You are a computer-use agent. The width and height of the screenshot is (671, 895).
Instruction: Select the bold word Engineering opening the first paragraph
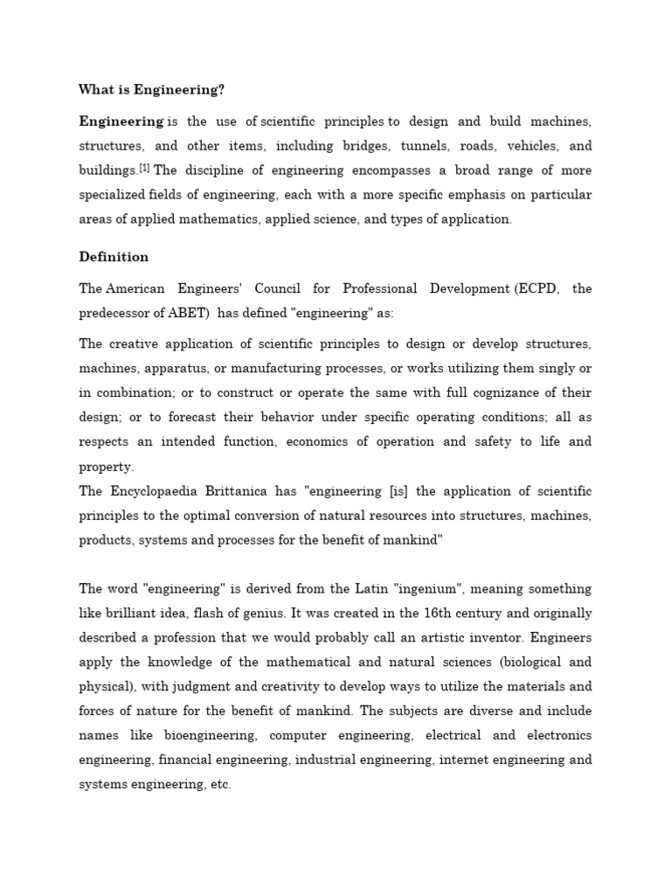coord(121,121)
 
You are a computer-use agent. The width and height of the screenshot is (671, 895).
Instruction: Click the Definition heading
coord(114,257)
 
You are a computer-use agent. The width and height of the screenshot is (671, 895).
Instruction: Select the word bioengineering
coord(208,736)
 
